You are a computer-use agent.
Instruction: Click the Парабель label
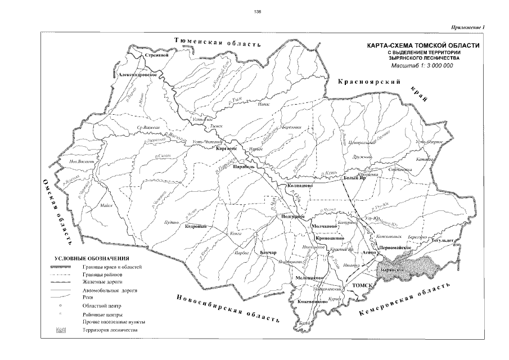245,166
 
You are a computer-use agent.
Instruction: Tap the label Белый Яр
355,178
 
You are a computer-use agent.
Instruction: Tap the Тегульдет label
443,240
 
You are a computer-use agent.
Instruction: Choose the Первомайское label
398,247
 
